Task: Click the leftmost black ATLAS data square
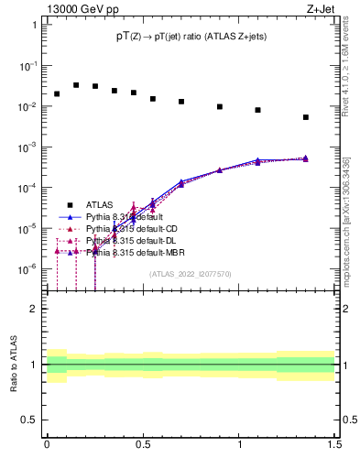(x=57, y=93)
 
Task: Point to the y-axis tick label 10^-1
(x=30, y=66)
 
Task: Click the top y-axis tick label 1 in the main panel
(x=34, y=26)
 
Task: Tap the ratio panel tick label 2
(x=34, y=309)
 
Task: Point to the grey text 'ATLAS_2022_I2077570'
(x=191, y=274)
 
